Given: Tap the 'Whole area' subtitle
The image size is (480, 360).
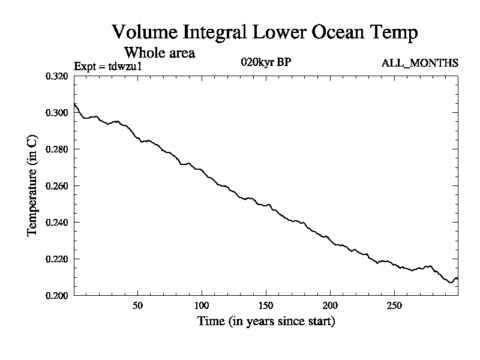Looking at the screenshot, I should coord(159,52).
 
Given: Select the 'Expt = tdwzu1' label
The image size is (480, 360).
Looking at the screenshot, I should coord(107,66).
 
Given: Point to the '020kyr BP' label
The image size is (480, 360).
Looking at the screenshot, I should coord(266,62).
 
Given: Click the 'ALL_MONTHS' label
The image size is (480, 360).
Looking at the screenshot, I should coord(420,62).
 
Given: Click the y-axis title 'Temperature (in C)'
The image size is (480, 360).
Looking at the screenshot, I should coord(33,185).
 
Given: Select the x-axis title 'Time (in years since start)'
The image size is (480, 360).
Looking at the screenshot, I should coord(266,322).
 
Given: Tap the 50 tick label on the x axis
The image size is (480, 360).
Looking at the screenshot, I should coord(137,305).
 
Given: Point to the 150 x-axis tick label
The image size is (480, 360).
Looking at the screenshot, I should coord(266,305).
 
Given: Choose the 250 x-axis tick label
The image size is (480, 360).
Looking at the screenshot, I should coord(394,305).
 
